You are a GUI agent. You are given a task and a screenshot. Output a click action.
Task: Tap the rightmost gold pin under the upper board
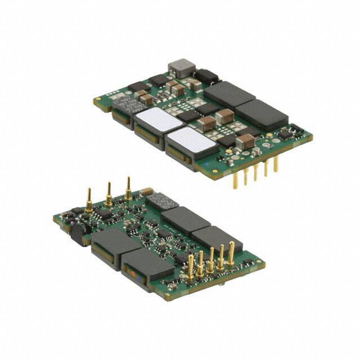(x=276, y=164)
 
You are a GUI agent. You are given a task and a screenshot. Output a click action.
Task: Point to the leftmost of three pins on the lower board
(x=89, y=200)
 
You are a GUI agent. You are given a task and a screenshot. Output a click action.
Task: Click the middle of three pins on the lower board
(x=108, y=192)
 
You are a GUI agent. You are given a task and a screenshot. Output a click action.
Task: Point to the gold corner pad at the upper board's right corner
(x=309, y=136)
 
